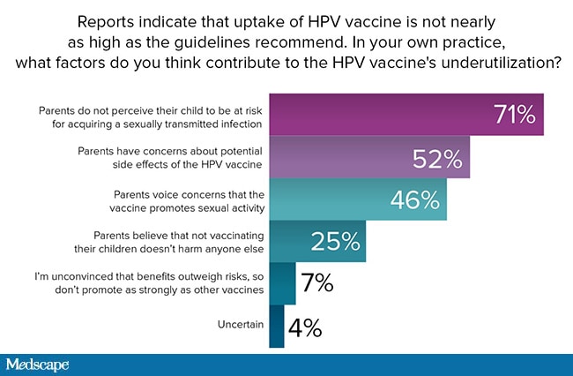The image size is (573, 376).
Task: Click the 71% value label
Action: pos(516,115)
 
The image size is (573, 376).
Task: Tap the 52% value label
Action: pos(437,160)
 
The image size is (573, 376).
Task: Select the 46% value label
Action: pos(415,200)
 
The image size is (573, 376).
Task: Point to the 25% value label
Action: pos(336,242)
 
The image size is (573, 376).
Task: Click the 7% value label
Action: pos(317,282)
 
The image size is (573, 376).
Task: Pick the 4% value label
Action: pos(305,327)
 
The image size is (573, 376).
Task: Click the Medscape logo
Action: pos(37,365)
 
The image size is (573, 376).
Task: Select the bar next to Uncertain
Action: pos(277,327)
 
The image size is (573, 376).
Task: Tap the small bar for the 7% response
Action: pos(282,283)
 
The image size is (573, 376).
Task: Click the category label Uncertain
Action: pos(241,325)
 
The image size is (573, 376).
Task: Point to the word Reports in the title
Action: pos(106,23)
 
